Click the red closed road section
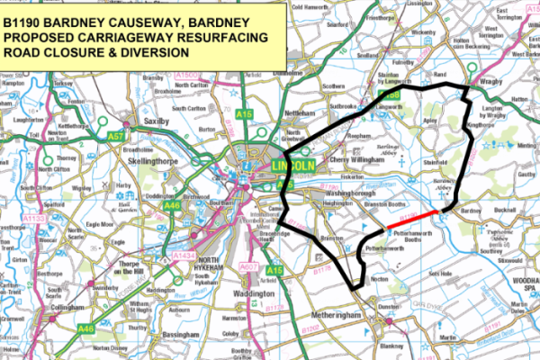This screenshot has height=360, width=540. pyautogui.click(x=418, y=217)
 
